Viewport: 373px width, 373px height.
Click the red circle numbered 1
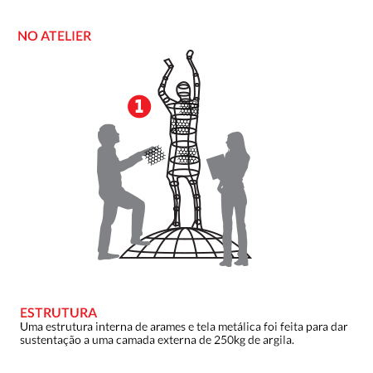[139, 106]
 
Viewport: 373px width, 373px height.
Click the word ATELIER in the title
[66, 36]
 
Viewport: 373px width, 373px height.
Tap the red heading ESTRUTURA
[59, 312]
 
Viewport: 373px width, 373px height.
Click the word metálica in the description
[240, 327]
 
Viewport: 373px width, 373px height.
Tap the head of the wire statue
[183, 90]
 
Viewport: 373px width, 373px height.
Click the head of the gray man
[109, 134]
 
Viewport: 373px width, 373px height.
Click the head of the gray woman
[235, 142]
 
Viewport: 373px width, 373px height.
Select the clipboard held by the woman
[216, 167]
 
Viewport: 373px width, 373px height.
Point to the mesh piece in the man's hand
[154, 155]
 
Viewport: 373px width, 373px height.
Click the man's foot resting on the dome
[140, 242]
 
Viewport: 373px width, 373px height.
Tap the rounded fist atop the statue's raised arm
[190, 54]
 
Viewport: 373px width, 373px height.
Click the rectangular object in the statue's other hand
[168, 63]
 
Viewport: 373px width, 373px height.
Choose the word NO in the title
[27, 36]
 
